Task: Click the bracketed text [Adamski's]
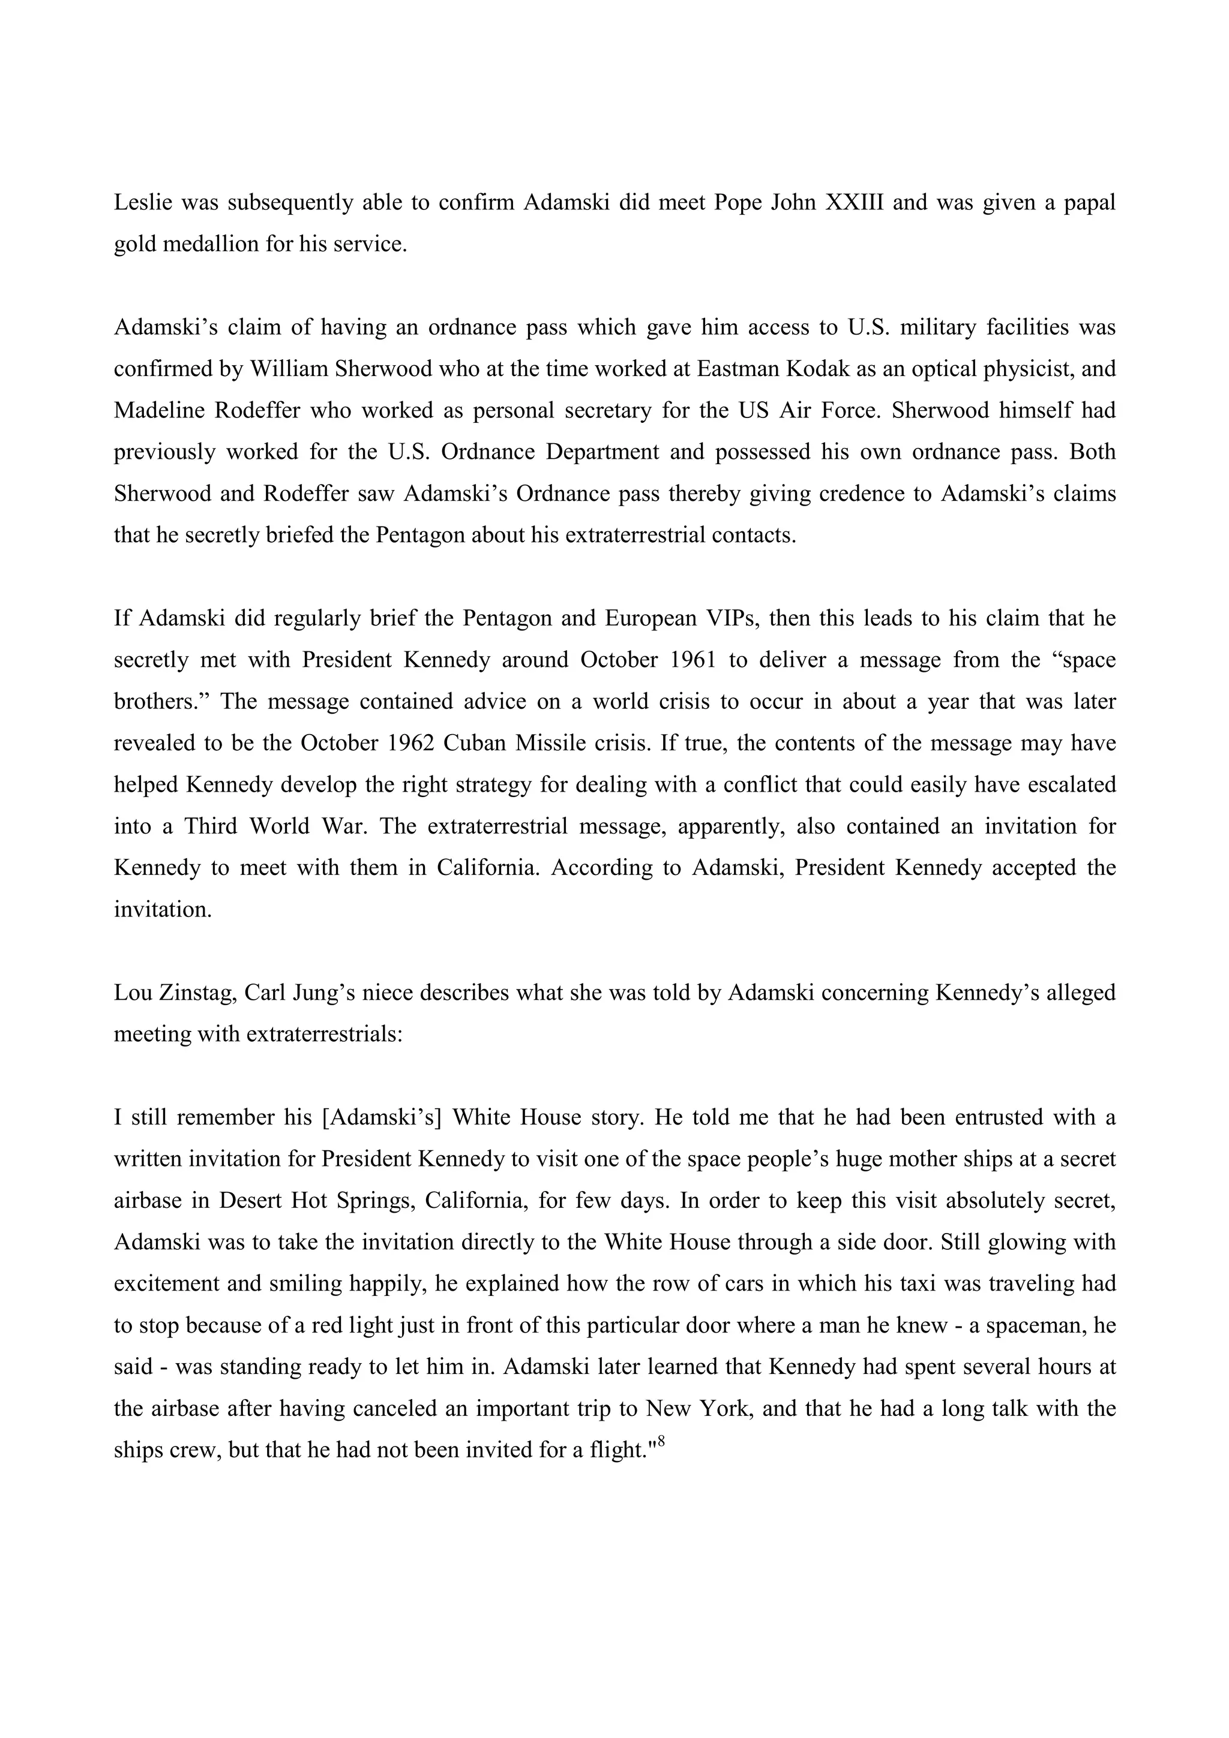coord(382,1117)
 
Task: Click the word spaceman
coord(1030,1325)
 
